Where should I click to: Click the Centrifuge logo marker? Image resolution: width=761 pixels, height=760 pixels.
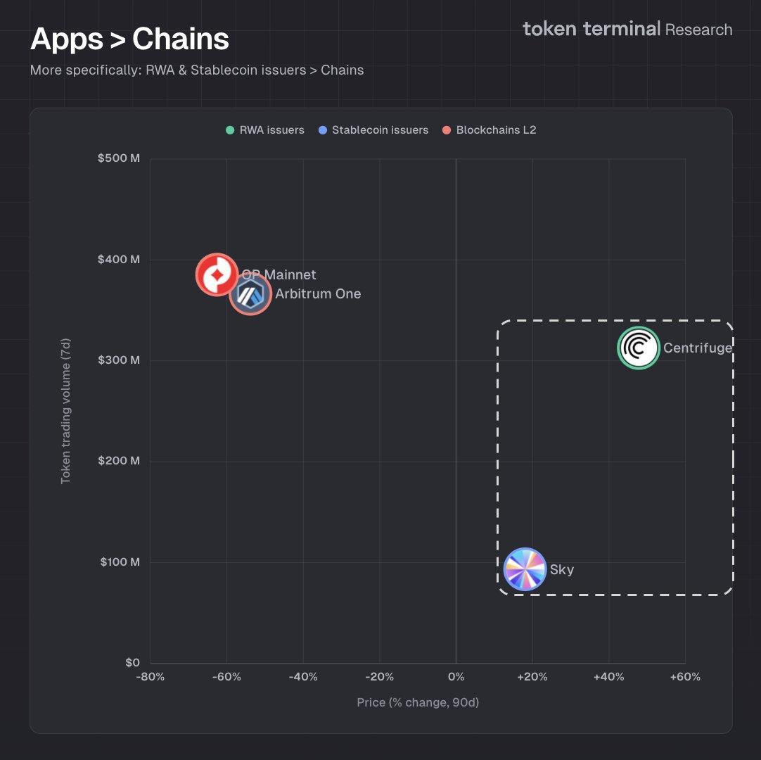point(639,348)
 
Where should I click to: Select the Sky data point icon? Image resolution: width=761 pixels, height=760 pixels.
point(525,569)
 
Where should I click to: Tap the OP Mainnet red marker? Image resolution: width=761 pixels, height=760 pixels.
point(217,274)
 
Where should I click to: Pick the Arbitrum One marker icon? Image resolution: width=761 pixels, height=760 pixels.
point(250,293)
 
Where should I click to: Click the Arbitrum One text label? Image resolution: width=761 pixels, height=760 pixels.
point(318,294)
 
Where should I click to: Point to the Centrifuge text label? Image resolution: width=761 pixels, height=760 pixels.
point(698,348)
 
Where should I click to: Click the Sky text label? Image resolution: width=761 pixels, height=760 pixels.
point(562,570)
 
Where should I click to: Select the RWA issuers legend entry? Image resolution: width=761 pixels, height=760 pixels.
point(265,130)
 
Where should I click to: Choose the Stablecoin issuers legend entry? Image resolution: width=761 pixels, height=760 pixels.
point(373,130)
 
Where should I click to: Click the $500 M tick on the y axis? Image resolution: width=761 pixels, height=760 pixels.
point(119,158)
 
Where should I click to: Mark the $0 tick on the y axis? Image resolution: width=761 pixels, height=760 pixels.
point(132,662)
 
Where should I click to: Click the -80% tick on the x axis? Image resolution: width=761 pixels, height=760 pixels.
point(151,677)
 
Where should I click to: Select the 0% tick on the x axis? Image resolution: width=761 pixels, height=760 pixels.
point(456,677)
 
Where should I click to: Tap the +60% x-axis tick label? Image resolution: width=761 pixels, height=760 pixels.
point(685,677)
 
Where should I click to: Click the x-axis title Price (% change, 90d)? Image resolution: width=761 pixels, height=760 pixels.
point(418,702)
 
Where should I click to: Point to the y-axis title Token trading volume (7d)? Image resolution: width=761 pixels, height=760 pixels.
point(65,411)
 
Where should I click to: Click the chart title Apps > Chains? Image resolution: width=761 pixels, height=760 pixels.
point(129,39)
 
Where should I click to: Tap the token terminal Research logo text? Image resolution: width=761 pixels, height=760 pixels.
point(627,30)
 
